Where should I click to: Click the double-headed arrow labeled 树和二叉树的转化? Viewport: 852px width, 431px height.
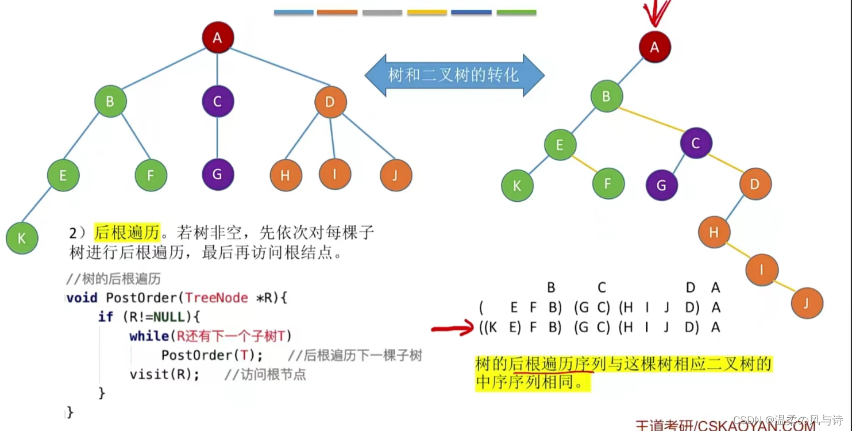(454, 75)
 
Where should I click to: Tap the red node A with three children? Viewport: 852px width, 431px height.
(218, 38)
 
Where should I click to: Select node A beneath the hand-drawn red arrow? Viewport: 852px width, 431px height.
(654, 47)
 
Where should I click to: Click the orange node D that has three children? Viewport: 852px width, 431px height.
(330, 102)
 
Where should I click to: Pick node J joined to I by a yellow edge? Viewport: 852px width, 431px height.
(807, 303)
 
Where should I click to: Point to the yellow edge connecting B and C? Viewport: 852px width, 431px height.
(651, 120)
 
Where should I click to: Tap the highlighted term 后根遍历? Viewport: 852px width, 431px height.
(126, 233)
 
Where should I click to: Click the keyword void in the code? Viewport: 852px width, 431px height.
(81, 298)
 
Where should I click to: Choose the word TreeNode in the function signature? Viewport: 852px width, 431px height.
(217, 298)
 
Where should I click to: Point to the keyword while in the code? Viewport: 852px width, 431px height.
(149, 336)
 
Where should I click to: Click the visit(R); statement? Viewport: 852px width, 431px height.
(164, 375)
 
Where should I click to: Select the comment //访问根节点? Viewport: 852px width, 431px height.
(265, 375)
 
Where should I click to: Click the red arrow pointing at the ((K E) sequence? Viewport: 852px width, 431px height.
(453, 329)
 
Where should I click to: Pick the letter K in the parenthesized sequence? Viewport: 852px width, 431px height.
(494, 327)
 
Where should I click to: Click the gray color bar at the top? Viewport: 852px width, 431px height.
(383, 12)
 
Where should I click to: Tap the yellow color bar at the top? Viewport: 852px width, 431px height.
(427, 12)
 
